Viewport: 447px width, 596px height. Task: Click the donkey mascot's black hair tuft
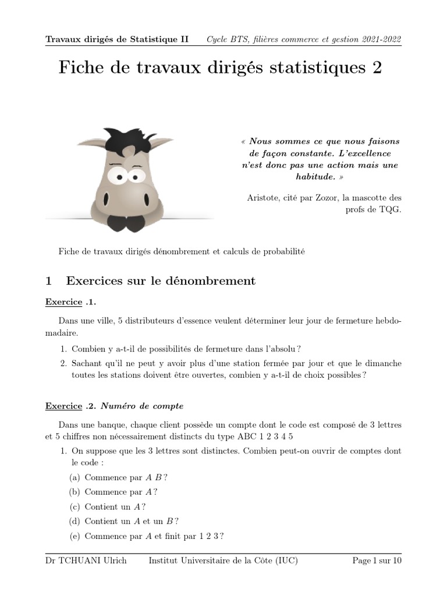tap(125, 140)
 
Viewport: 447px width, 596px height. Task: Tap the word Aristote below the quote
tap(265, 198)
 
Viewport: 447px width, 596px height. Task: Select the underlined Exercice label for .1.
tap(63, 302)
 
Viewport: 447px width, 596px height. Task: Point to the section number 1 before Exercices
tap(49, 281)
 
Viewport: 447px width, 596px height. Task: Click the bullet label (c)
tap(74, 506)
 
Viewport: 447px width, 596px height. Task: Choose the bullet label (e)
tap(74, 536)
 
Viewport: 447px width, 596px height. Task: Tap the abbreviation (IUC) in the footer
tap(285, 560)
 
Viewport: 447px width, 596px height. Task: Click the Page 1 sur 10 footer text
tap(377, 560)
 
